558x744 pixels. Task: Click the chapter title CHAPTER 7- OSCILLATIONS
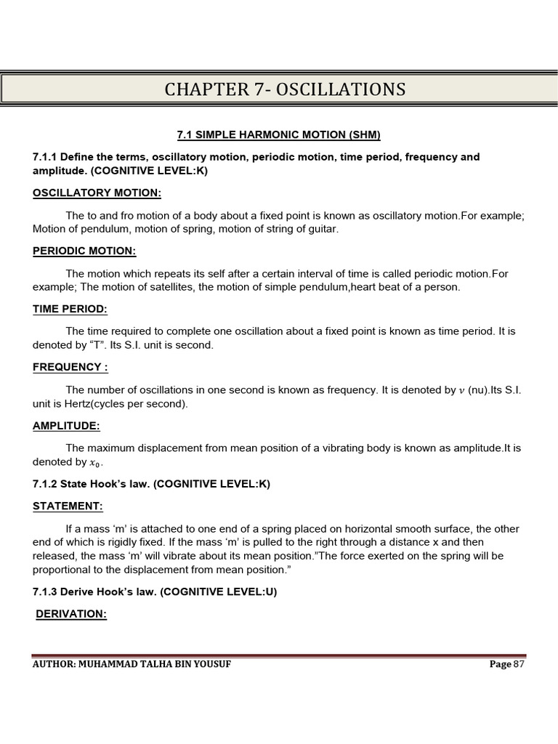[x=285, y=89]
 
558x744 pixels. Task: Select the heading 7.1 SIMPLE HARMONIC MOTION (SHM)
[x=279, y=134]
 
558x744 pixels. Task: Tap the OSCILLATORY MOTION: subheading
[x=97, y=193]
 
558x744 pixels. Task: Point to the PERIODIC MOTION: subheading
[x=84, y=251]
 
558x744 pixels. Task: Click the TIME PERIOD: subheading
[x=70, y=309]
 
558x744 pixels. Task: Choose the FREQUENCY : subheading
[x=70, y=367]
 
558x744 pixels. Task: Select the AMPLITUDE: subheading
[x=66, y=425]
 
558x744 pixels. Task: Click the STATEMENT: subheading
[x=68, y=506]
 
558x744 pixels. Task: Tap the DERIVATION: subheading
[x=71, y=614]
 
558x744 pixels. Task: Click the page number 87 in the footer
[x=519, y=664]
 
